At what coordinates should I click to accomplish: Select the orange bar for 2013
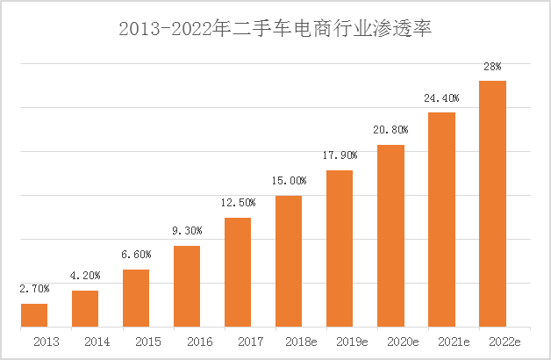(x=34, y=315)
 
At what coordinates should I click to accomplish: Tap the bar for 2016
(x=187, y=286)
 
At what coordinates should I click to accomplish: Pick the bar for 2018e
(x=289, y=261)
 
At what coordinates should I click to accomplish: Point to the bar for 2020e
(x=390, y=235)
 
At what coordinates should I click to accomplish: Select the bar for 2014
(x=85, y=308)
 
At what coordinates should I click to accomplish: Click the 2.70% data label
(x=34, y=288)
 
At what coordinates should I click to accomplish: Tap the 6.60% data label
(x=136, y=254)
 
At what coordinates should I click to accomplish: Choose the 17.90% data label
(x=340, y=155)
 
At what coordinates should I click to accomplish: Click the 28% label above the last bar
(x=492, y=66)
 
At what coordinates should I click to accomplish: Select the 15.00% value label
(x=289, y=180)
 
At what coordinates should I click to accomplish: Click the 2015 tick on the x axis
(x=136, y=341)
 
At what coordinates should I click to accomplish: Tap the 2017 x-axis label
(x=238, y=341)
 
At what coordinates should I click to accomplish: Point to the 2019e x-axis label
(x=340, y=341)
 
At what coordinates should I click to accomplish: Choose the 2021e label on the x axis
(x=441, y=341)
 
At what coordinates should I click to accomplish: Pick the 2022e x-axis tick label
(x=492, y=341)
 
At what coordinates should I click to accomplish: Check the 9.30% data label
(x=187, y=230)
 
